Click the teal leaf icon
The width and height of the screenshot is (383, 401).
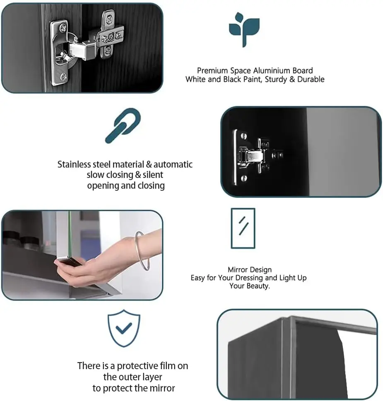tap(244, 28)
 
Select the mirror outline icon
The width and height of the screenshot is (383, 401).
tap(243, 228)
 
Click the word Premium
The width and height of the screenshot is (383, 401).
tap(212, 71)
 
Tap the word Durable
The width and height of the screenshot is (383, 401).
tap(311, 79)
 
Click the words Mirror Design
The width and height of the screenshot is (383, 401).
tap(250, 270)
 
